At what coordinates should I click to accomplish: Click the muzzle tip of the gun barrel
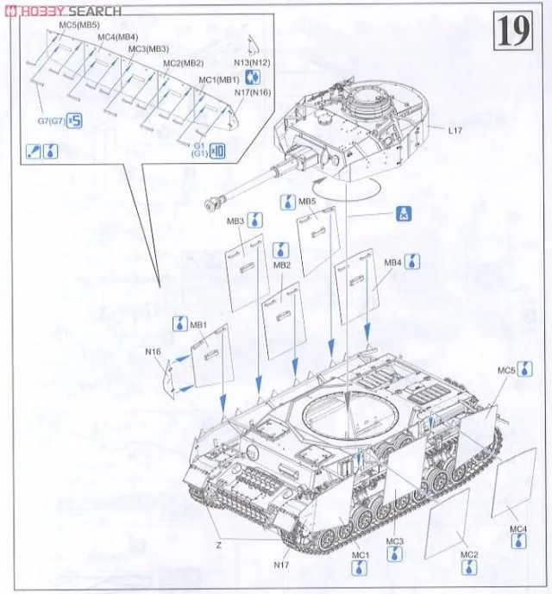[x=209, y=203]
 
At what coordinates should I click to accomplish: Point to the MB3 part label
[x=235, y=222]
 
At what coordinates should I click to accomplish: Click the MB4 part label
[x=393, y=261]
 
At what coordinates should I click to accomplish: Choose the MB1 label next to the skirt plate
[x=199, y=325]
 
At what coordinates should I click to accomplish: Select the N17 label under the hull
[x=281, y=565]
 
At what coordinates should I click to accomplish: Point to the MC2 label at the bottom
[x=469, y=554]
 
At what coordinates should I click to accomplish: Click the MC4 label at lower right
[x=517, y=528]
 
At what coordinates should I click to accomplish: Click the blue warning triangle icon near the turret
[x=402, y=214]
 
